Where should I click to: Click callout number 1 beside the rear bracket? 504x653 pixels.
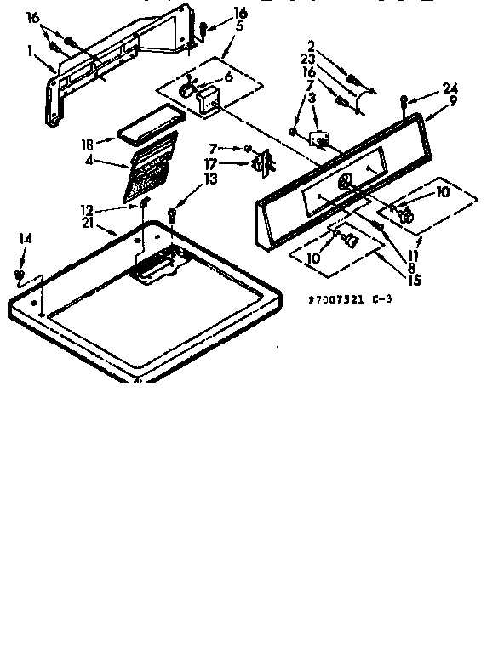point(30,50)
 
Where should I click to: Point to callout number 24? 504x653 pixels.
point(450,87)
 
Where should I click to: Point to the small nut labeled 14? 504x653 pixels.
point(19,273)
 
